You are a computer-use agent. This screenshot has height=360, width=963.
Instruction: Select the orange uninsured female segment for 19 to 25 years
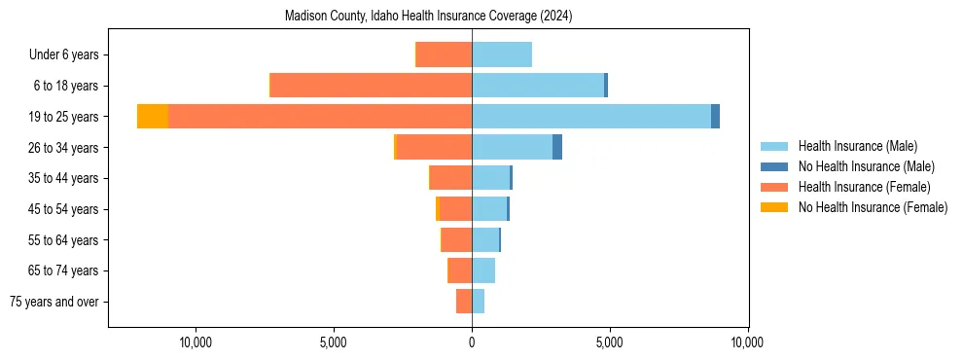(x=153, y=116)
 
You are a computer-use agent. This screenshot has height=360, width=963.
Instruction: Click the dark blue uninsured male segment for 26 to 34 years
(x=557, y=147)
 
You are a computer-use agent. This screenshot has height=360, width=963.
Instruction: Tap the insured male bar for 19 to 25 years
(x=591, y=116)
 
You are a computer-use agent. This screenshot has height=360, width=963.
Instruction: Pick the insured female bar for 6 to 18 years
(x=371, y=86)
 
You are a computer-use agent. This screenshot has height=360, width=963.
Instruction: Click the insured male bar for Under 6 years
(x=502, y=54)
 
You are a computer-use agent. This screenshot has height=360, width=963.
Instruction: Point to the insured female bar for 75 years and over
(x=464, y=302)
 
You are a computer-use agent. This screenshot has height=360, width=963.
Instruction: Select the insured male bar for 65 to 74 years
(x=483, y=270)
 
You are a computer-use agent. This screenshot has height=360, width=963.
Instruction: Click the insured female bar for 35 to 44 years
(x=451, y=178)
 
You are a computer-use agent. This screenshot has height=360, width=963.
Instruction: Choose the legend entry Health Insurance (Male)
(x=857, y=146)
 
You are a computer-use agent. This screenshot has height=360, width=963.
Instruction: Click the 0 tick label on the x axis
(x=472, y=342)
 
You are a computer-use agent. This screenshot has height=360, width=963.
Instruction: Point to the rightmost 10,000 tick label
(x=747, y=342)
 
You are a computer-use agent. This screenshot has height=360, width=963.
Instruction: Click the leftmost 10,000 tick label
(x=196, y=342)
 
